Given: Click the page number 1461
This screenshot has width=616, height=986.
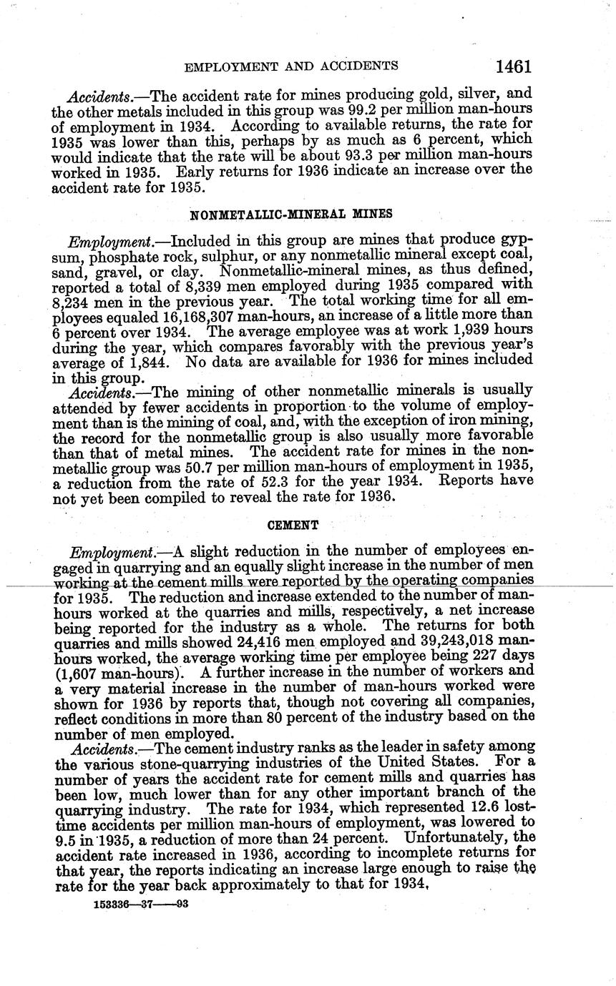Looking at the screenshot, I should (512, 66).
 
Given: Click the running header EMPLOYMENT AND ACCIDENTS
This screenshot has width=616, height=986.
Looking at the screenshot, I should (291, 66).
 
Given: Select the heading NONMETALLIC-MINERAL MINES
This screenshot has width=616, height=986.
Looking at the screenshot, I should (292, 214).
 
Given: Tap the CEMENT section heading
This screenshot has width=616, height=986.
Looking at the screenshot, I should (293, 525).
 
